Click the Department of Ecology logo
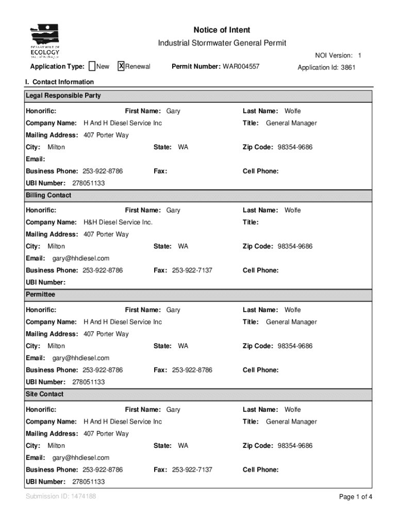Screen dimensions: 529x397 pyautogui.click(x=45, y=41)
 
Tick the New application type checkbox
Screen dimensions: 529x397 pyautogui.click(x=92, y=66)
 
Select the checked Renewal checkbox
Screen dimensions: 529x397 pyautogui.click(x=121, y=66)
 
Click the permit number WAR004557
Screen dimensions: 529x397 pyautogui.click(x=241, y=67)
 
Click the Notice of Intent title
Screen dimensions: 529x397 pyautogui.click(x=222, y=30)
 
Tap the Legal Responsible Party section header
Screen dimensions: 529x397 pyautogui.click(x=63, y=96)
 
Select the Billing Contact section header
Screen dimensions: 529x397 pyautogui.click(x=48, y=195)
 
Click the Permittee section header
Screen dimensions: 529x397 pyautogui.click(x=40, y=294)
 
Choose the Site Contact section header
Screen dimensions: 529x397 pyautogui.click(x=45, y=394)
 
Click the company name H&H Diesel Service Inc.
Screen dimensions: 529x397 pyautogui.click(x=118, y=222)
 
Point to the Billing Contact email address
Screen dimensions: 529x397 pyautogui.click(x=80, y=258)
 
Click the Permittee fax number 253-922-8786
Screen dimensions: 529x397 pyautogui.click(x=192, y=370)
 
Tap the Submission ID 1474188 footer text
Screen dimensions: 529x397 pyautogui.click(x=61, y=496)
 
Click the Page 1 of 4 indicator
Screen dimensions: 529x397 pyautogui.click(x=355, y=497)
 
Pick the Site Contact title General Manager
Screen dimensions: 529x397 pyautogui.click(x=291, y=422)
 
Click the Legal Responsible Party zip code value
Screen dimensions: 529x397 pyautogui.click(x=294, y=147)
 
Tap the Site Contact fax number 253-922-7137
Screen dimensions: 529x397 pyautogui.click(x=192, y=470)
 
